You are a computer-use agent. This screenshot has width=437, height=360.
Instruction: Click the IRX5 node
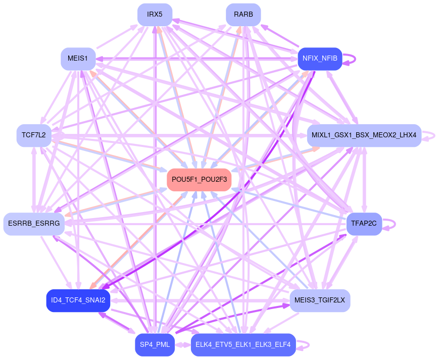(155, 14)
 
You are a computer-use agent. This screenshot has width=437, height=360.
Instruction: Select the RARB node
(243, 14)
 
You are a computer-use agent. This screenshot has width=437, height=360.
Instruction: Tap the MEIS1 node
(78, 59)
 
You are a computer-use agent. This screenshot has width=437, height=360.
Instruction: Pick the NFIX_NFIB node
(320, 59)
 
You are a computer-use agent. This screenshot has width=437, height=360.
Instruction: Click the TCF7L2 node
(34, 135)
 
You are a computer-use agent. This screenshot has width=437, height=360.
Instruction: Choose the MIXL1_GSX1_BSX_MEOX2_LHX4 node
(364, 135)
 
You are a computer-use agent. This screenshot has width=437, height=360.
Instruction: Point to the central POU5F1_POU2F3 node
(199, 179)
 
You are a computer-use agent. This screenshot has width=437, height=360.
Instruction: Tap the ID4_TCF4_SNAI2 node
(78, 300)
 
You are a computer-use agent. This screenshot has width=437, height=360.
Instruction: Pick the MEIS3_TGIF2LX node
(320, 300)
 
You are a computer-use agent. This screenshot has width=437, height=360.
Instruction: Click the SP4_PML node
(155, 345)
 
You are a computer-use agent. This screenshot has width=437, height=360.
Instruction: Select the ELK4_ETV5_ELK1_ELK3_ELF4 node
(243, 345)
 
